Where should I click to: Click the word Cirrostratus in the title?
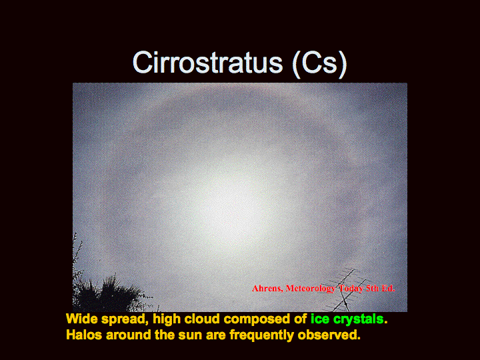click(207, 63)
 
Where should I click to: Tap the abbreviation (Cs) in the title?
click(319, 64)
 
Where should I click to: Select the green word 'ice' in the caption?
click(320, 319)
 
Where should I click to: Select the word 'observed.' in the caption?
click(329, 335)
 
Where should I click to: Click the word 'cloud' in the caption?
click(202, 319)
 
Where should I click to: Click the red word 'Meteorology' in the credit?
click(311, 289)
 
